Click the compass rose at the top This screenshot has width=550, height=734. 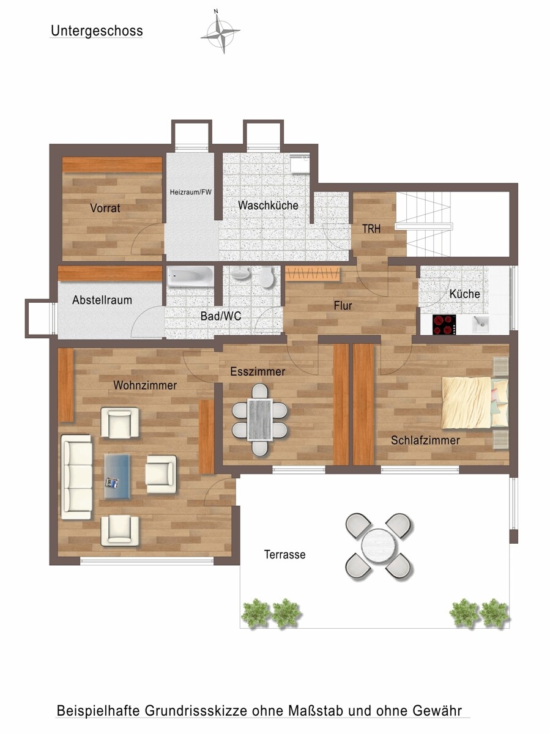click(x=220, y=32)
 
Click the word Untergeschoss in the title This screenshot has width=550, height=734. click(x=97, y=31)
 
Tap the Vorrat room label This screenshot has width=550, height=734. click(x=105, y=208)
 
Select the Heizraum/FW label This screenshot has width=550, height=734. click(x=191, y=192)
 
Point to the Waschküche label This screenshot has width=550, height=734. click(x=268, y=205)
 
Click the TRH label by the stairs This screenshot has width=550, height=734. click(x=371, y=229)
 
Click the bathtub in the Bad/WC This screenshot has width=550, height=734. click(x=190, y=276)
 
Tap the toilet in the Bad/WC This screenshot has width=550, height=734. click(x=267, y=276)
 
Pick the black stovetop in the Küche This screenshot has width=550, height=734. click(x=444, y=324)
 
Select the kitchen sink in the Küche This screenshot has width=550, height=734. click(x=481, y=324)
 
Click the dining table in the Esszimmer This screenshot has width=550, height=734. click(x=260, y=420)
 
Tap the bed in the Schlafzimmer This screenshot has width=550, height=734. click(x=475, y=402)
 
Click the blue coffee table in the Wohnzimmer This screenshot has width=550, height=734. click(x=117, y=476)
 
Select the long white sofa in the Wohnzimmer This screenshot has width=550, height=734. click(x=76, y=477)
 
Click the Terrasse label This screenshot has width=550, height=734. click(x=285, y=554)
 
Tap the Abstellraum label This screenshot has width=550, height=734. click(x=102, y=300)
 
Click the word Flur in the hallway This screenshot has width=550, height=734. click(x=343, y=306)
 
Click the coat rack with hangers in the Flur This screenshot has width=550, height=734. click(x=312, y=273)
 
